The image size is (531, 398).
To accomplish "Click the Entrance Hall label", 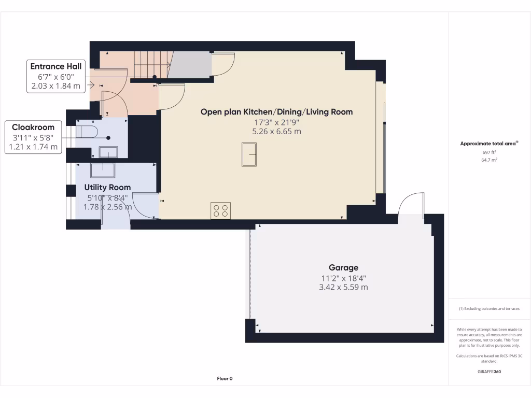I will click(55, 66).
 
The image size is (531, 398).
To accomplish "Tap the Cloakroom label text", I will click(33, 127).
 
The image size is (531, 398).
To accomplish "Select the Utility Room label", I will click(107, 187).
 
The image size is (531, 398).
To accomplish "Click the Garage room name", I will click(343, 267).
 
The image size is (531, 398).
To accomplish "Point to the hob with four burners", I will click(221, 210).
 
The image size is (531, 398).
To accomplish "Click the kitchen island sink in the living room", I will click(249, 155).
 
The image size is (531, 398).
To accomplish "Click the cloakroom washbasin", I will click(108, 152).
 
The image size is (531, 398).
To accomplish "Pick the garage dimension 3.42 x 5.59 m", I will click(343, 287).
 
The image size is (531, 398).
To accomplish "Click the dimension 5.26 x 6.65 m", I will click(276, 132).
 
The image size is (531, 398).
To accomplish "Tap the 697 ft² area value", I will click(489, 152).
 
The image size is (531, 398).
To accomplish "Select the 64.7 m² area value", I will click(489, 161).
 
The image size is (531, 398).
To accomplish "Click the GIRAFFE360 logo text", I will click(489, 372).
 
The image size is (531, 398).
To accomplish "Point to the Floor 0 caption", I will click(225, 378).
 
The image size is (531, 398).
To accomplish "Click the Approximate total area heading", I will click(488, 144).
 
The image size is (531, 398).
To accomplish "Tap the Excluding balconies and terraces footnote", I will click(489, 308).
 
